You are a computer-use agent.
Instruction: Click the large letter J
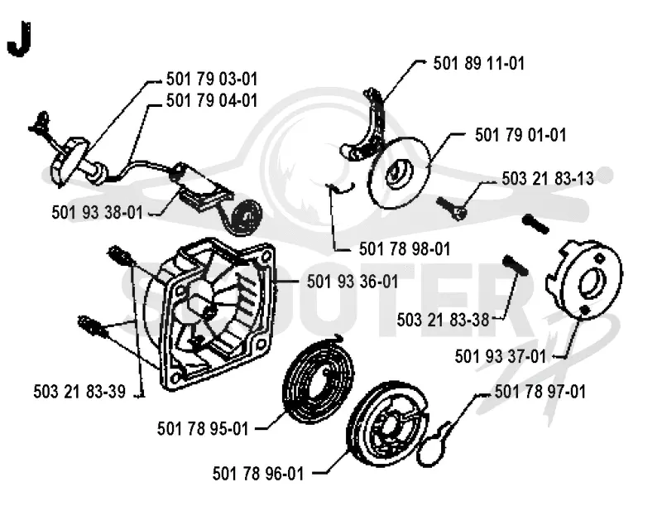[x=19, y=39]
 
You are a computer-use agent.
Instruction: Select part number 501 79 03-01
[x=212, y=79]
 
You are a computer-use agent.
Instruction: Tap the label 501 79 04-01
[x=212, y=100]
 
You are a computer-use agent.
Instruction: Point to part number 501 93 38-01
[x=97, y=212]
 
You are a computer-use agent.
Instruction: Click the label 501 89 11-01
[x=479, y=64]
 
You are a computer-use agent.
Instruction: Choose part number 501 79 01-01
[x=520, y=135]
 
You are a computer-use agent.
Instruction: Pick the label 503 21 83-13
[x=548, y=179]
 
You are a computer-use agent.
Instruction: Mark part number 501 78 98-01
[x=405, y=249]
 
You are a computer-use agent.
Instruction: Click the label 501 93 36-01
[x=353, y=282]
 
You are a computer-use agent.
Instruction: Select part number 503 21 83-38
[x=443, y=320]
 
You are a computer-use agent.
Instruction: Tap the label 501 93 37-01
[x=501, y=357]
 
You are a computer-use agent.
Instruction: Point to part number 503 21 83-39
[x=79, y=392]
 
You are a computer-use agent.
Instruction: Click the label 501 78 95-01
[x=203, y=429]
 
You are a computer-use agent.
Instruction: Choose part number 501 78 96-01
[x=258, y=474]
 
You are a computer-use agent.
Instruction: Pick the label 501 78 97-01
[x=540, y=393]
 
